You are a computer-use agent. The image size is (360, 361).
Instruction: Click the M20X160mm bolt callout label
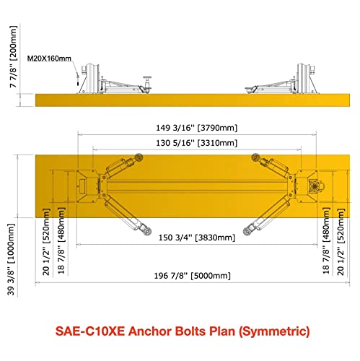coord(49,58)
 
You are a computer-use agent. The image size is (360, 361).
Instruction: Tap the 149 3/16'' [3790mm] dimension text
coord(197,128)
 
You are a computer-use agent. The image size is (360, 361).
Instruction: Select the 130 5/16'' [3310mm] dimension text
coord(197,143)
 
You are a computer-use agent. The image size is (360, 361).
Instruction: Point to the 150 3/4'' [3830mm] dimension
coord(197,238)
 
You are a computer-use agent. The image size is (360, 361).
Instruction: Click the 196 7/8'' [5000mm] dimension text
coord(193,276)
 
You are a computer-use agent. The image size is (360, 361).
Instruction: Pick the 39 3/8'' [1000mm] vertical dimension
coord(12,259)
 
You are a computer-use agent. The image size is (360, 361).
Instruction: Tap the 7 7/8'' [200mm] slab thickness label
coord(13,57)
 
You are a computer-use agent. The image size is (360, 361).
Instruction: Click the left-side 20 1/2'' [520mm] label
coord(46,242)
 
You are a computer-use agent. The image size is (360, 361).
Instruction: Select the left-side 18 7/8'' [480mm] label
coord(61,240)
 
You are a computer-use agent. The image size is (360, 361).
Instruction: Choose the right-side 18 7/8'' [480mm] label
coord(326,240)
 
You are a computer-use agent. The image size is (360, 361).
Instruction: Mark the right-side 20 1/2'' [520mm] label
coord(341,242)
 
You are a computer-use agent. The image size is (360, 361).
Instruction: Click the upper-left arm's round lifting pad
coord(139,157)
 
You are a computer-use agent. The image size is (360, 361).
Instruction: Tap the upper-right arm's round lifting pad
coord(255,157)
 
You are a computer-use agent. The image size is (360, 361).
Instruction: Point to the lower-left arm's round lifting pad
coord(146,231)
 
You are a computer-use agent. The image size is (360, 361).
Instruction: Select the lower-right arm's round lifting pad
coord(247,232)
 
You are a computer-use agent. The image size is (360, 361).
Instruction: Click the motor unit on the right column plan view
coord(315,186)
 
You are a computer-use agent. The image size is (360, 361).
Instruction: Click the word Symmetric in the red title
coord(274,331)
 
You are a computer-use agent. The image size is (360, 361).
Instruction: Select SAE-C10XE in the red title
coord(90,331)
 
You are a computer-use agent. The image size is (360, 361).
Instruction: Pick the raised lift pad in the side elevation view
coord(147,83)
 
